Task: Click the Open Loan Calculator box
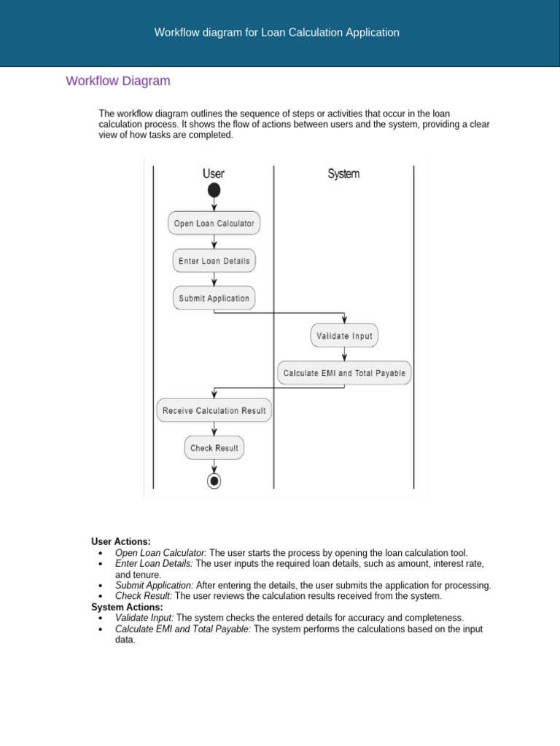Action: [214, 223]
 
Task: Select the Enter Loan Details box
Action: [214, 261]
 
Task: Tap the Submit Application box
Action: [214, 298]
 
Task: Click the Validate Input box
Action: [344, 336]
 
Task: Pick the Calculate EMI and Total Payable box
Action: [344, 373]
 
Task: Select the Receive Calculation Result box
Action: [214, 410]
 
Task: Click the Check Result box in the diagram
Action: [214, 448]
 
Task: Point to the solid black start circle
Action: [214, 190]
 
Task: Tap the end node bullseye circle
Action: [214, 481]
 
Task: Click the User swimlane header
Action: [214, 173]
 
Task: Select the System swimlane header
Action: [343, 173]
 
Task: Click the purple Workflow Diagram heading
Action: [118, 81]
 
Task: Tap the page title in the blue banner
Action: [277, 33]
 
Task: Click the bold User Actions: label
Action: [121, 541]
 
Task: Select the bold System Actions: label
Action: [128, 607]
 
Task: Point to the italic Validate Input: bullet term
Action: [144, 618]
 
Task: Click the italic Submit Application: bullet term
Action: [154, 585]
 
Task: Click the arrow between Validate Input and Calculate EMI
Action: [344, 354]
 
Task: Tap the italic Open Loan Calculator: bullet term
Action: [160, 553]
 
